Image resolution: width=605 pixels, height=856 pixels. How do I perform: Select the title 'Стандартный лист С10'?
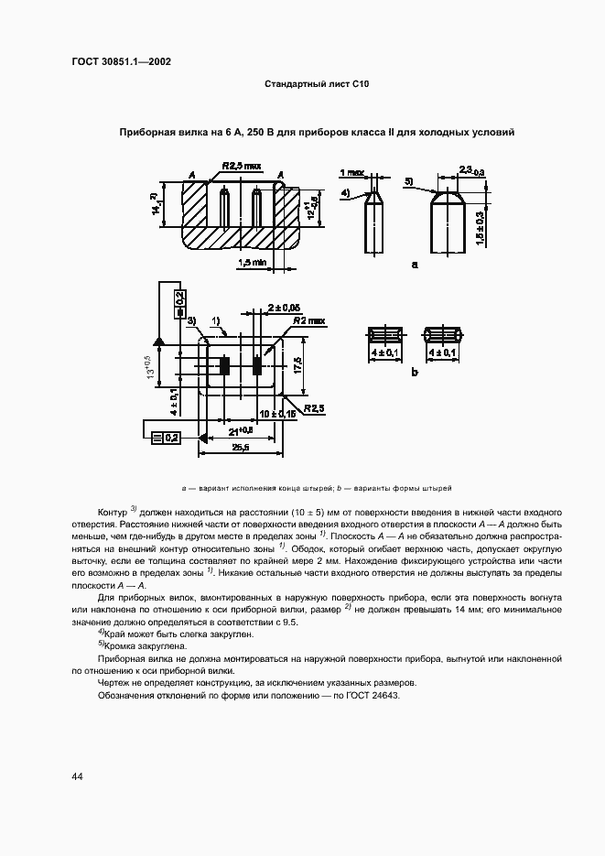click(x=316, y=84)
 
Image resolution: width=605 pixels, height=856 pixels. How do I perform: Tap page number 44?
click(x=78, y=776)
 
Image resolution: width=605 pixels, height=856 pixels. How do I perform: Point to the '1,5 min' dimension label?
click(x=252, y=263)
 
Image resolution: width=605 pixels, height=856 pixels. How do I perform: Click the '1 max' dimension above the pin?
click(x=352, y=172)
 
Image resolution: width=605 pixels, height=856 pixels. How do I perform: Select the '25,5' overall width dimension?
click(x=240, y=448)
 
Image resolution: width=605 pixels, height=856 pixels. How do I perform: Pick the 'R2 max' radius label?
click(x=308, y=321)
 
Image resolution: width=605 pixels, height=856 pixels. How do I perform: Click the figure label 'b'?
click(x=414, y=373)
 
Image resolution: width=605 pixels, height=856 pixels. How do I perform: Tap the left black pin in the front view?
click(x=222, y=365)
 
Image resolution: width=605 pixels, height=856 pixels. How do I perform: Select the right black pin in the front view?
click(x=257, y=365)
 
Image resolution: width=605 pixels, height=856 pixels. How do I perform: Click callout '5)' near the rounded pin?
click(x=409, y=180)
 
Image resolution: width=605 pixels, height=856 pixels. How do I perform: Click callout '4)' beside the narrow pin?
click(x=346, y=192)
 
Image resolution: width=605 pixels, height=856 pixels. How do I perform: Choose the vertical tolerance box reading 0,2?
click(x=178, y=299)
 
